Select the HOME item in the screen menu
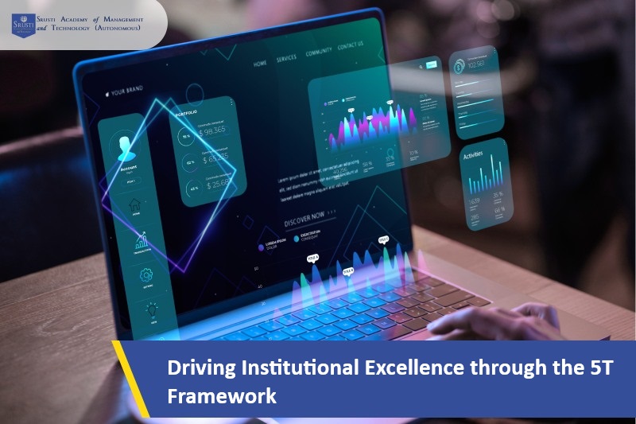point(260,62)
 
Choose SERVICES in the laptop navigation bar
point(286,58)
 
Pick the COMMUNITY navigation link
point(319,53)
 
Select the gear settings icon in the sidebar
point(145,276)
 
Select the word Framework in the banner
point(222,395)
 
